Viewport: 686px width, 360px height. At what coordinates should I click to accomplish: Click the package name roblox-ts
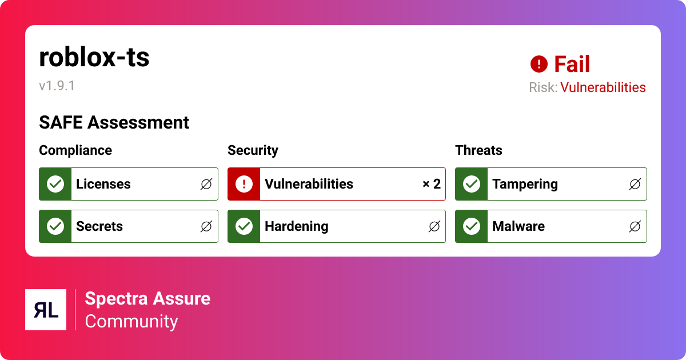(94, 58)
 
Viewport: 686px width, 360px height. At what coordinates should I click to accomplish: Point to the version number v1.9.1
(57, 86)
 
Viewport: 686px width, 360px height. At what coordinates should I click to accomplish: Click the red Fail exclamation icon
(539, 64)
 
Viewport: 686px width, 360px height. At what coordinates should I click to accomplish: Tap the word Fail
(572, 64)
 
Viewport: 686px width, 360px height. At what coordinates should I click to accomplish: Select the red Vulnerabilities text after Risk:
(603, 87)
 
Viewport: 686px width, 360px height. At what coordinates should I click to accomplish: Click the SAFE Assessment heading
(114, 122)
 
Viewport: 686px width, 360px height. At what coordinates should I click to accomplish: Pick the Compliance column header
(75, 150)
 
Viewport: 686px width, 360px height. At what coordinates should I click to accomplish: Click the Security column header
(253, 150)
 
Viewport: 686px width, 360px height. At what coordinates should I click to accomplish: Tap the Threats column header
(478, 150)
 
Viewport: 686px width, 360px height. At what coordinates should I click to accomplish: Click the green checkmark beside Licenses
(55, 184)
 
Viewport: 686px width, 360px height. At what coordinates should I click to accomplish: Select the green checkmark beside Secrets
(55, 226)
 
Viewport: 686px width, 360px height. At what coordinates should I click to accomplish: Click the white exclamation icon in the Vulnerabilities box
(244, 184)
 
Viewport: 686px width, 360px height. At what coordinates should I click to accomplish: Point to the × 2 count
(432, 184)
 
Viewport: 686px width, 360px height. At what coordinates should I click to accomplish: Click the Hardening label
(297, 226)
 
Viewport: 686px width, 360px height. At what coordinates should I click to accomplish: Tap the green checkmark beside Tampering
(472, 184)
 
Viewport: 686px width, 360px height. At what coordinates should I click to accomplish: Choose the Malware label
(519, 226)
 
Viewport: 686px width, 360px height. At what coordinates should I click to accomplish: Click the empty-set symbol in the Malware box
(635, 226)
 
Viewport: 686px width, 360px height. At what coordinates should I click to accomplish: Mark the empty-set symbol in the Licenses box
(206, 184)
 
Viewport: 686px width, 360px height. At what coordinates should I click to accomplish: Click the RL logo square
(46, 310)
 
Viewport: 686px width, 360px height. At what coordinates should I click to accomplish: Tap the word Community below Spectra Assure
(131, 321)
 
